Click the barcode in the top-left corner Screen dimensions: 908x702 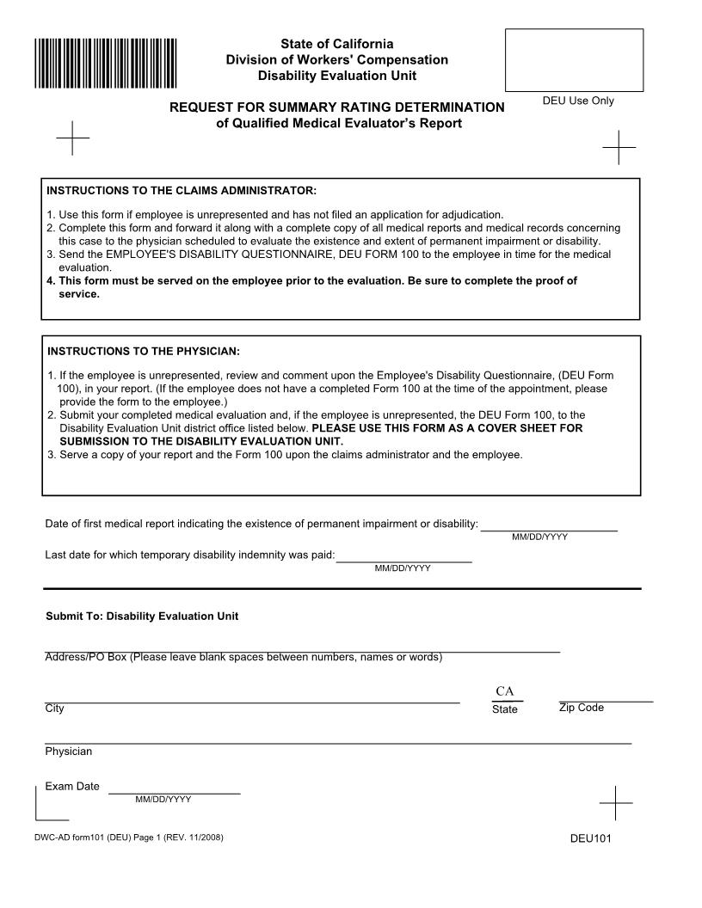click(106, 63)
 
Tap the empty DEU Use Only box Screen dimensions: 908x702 click(574, 59)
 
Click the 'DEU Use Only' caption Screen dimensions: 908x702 click(578, 101)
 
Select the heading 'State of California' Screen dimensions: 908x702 click(336, 44)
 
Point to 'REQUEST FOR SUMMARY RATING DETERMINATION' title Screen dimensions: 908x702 click(336, 107)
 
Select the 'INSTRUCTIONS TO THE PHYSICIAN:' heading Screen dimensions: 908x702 click(144, 352)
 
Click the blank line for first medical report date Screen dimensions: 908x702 click(549, 525)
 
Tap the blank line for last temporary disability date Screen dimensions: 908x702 click(403, 555)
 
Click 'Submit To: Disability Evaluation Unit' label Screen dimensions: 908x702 click(142, 617)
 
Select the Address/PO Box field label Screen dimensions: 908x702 click(243, 658)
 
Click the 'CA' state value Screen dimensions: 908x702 click(505, 692)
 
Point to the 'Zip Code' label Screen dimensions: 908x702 click(582, 708)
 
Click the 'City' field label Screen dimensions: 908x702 click(54, 709)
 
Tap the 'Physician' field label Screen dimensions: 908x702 click(69, 752)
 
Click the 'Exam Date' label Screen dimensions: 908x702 click(72, 786)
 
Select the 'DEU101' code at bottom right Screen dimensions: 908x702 click(590, 839)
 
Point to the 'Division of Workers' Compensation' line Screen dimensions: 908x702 click(336, 60)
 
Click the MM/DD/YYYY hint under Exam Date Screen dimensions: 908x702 click(163, 800)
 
